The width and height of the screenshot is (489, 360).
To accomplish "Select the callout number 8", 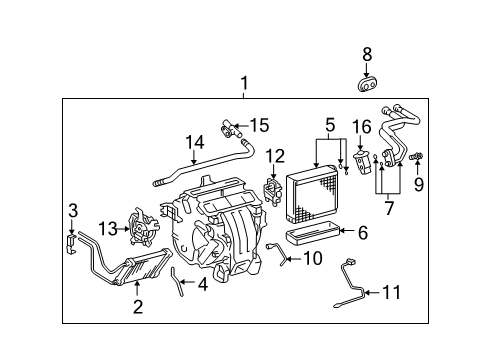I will pyautogui.click(x=367, y=55).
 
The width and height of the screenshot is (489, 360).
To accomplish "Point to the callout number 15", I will pyautogui.click(x=259, y=125).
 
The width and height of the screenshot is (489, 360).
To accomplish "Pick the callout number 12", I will pyautogui.click(x=275, y=156).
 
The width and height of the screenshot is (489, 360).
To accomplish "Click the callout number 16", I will pyautogui.click(x=362, y=127).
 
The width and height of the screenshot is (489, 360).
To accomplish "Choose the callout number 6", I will pyautogui.click(x=362, y=232).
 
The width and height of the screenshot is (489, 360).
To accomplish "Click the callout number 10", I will pyautogui.click(x=312, y=258).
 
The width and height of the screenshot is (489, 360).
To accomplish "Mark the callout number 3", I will pyautogui.click(x=72, y=210).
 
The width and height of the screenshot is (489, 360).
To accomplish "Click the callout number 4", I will pyautogui.click(x=202, y=283).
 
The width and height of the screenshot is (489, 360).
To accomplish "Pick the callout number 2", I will pyautogui.click(x=138, y=306).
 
